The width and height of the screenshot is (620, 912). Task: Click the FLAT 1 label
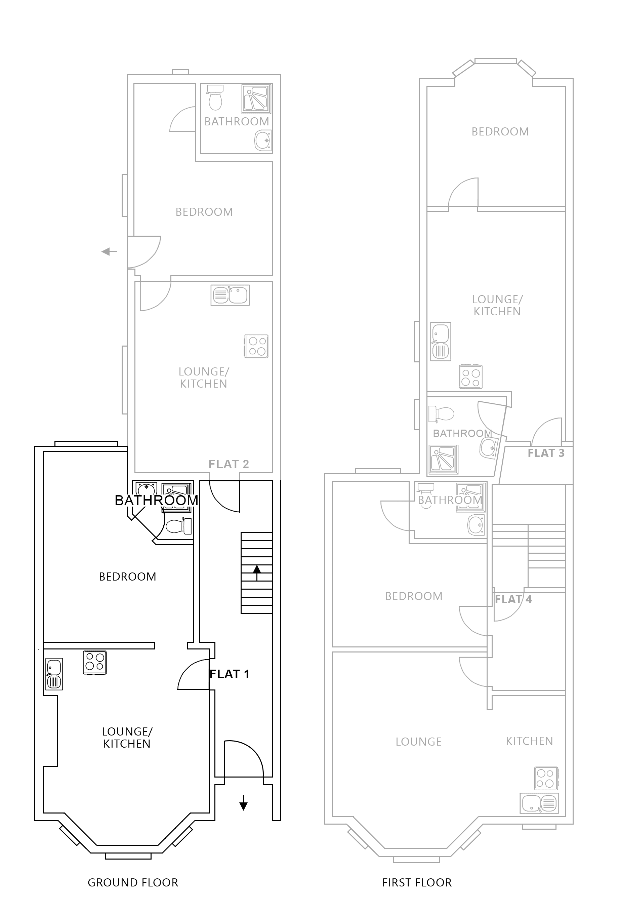(229, 674)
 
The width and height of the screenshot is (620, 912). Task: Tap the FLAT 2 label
(229, 464)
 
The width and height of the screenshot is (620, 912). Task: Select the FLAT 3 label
(545, 453)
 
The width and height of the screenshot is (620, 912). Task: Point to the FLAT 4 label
(513, 599)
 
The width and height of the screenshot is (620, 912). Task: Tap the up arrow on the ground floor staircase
(257, 573)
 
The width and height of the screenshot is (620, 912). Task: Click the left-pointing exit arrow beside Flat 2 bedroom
(109, 251)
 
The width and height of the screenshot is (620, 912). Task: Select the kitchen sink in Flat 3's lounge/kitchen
(440, 342)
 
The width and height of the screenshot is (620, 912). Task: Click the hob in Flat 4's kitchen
(546, 779)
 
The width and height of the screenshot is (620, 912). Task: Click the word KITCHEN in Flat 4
(529, 741)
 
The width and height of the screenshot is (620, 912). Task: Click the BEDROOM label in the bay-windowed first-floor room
(500, 131)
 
